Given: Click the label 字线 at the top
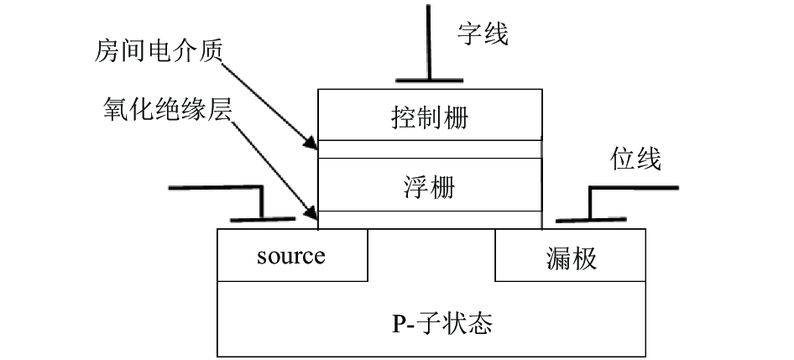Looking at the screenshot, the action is [x=483, y=34].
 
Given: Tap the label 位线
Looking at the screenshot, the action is [x=635, y=159].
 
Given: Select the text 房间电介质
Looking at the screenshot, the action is [x=159, y=53].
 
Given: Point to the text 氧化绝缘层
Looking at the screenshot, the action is [x=167, y=109].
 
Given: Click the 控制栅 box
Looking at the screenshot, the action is [x=430, y=115].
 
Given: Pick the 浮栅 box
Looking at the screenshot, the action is [x=430, y=185].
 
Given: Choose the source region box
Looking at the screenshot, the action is [x=292, y=255].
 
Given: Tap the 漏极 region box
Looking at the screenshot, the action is [x=570, y=255].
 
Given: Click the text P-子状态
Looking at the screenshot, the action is [x=442, y=323].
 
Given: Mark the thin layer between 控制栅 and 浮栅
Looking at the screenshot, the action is [x=430, y=149].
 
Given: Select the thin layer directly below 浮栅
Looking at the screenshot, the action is [x=430, y=220].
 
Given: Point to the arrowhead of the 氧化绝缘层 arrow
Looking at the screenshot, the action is [x=311, y=213].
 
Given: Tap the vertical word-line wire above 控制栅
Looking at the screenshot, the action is [x=428, y=42].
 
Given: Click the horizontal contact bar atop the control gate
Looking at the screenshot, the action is [x=430, y=80].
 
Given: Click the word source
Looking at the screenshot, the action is [x=291, y=256].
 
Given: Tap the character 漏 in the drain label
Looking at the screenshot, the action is [x=558, y=258].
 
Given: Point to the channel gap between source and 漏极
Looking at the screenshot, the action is [x=431, y=255].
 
